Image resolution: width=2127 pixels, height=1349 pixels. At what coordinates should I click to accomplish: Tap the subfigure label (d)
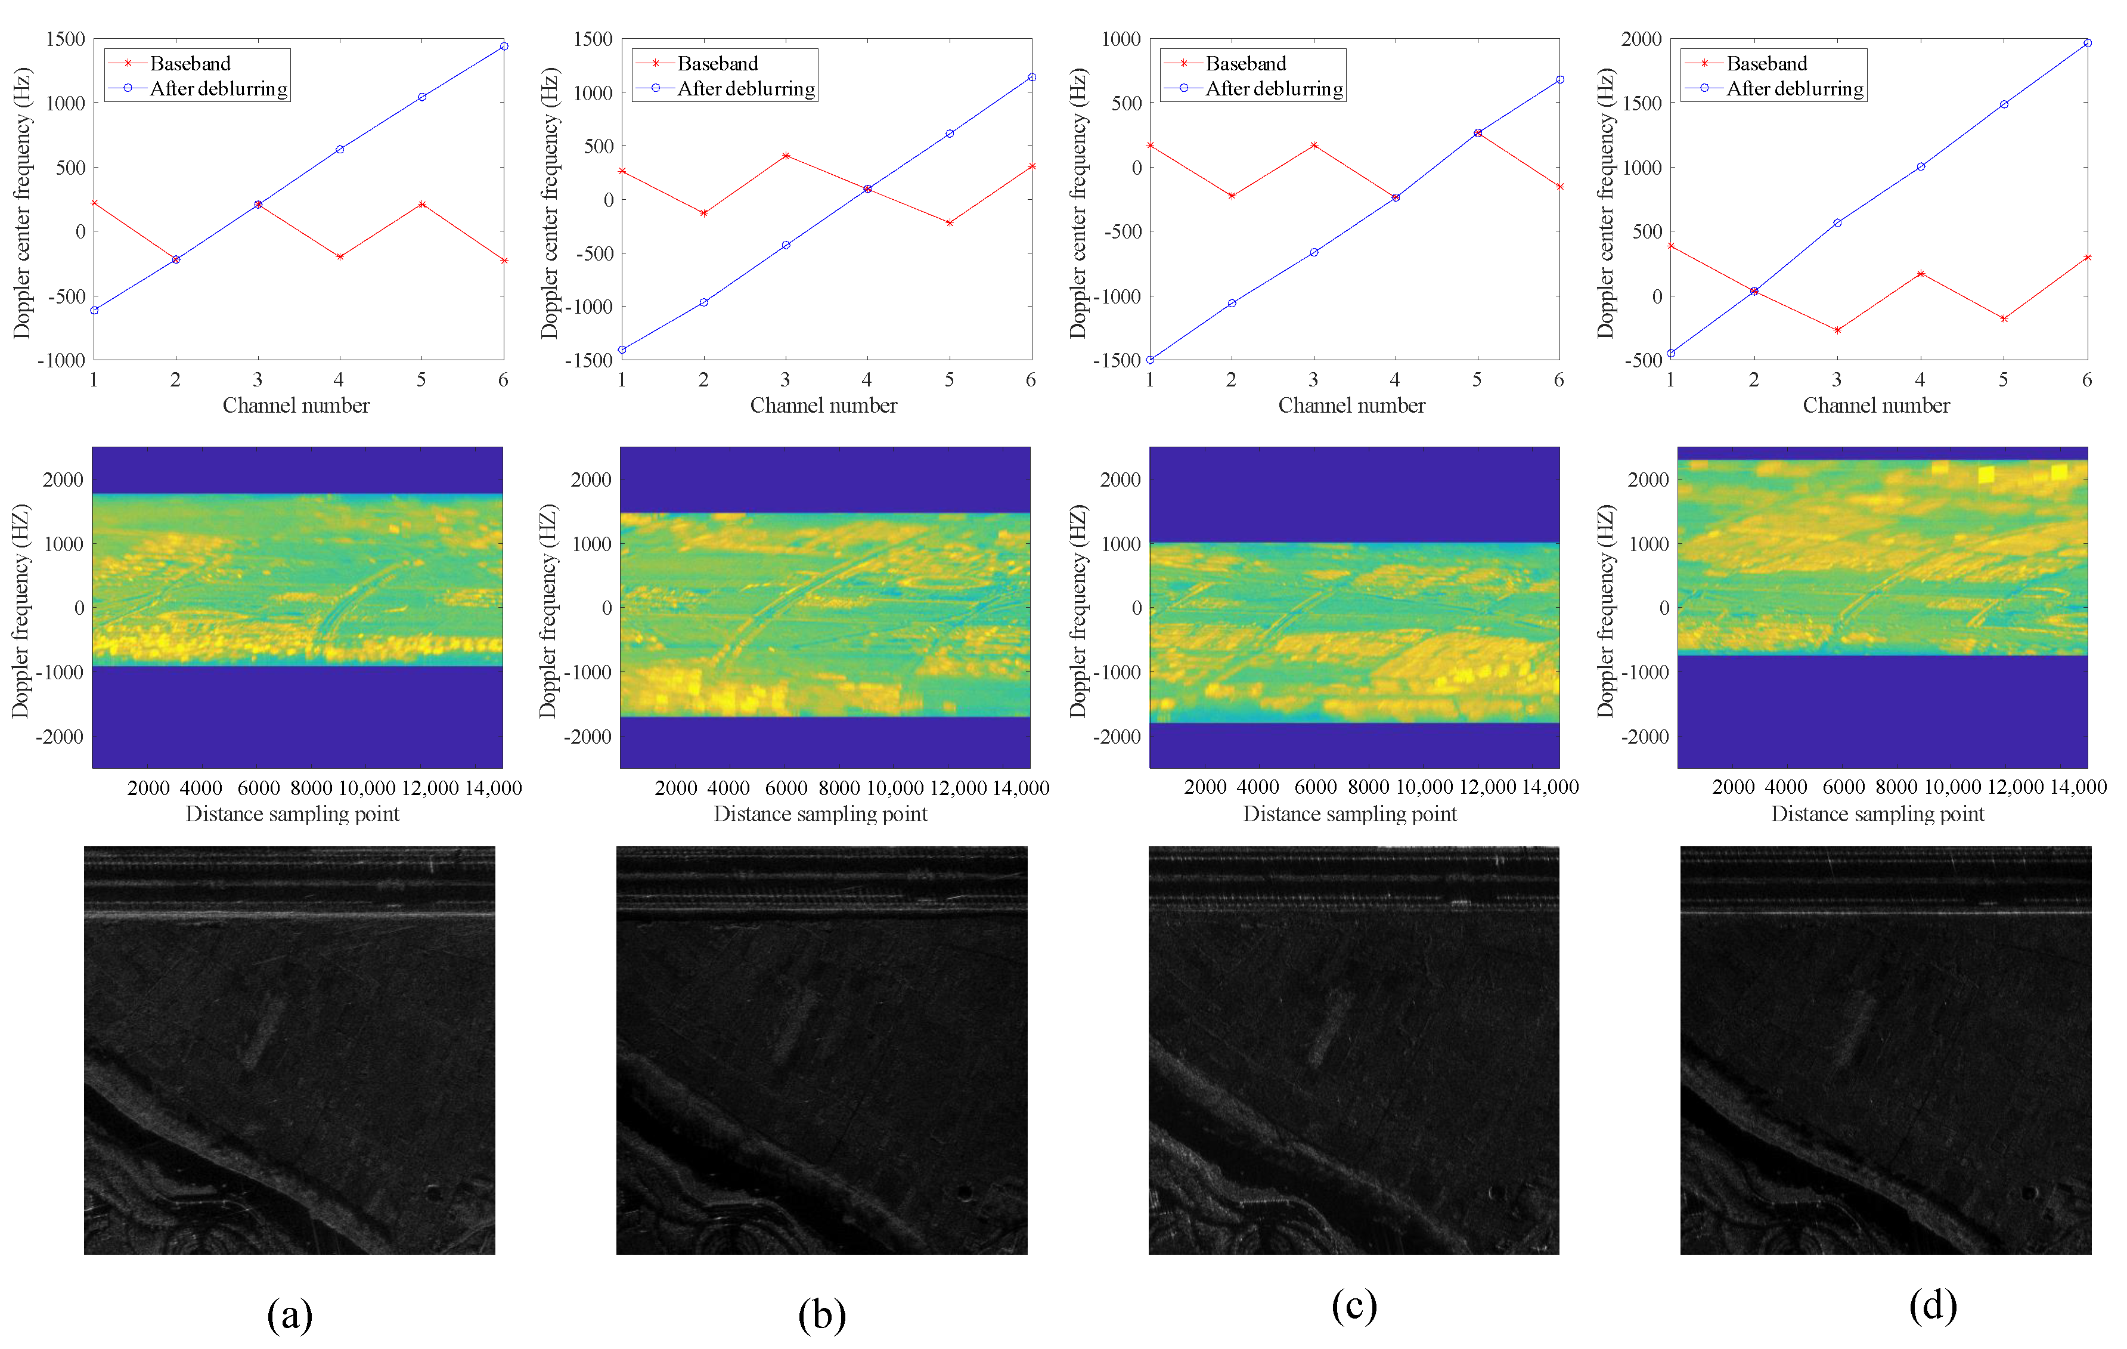click(1933, 1305)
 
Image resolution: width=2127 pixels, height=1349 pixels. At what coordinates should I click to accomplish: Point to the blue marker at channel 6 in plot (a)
click(504, 46)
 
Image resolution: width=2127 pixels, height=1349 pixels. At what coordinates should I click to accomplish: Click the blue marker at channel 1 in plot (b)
click(622, 350)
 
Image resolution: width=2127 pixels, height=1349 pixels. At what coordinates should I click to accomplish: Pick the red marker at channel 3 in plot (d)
click(1837, 330)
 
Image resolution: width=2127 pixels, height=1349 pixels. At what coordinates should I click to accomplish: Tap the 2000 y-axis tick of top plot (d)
click(1641, 39)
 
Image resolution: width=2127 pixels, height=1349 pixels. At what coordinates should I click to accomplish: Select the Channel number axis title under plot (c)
click(1351, 406)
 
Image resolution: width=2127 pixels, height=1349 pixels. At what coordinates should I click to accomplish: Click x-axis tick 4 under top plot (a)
click(339, 380)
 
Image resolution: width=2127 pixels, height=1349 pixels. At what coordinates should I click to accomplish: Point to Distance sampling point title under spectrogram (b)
click(821, 813)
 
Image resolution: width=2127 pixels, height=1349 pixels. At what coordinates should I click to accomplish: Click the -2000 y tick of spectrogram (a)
click(60, 736)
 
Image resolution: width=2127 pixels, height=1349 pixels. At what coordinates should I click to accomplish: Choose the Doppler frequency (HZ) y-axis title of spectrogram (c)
click(1078, 609)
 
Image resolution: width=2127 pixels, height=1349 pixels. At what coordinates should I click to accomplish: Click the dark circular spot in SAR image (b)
click(965, 1193)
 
